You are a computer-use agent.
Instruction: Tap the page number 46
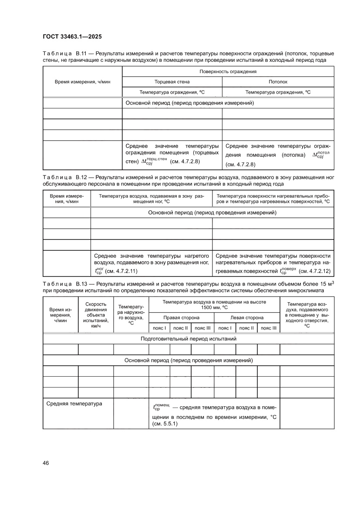tap(46, 463)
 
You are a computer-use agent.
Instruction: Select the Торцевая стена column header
tap(172, 82)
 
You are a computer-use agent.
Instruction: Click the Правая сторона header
tap(181, 317)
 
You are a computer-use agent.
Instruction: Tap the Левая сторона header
tap(247, 317)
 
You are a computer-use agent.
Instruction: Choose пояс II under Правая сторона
tap(180, 328)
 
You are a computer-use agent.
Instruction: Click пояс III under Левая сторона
tap(268, 328)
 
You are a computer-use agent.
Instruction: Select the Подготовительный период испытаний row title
tap(188, 339)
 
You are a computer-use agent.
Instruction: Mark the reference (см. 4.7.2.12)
tap(315, 271)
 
